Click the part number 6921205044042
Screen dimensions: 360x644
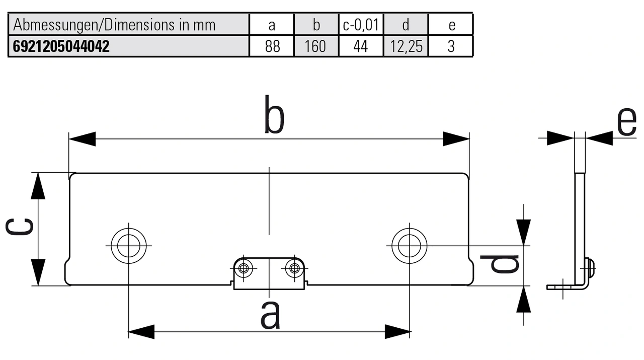pyautogui.click(x=59, y=47)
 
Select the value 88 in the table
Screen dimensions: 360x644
pyautogui.click(x=272, y=47)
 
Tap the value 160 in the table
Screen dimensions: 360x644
pyautogui.click(x=315, y=47)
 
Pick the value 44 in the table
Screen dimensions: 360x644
pyautogui.click(x=360, y=47)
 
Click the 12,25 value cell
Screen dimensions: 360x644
pyautogui.click(x=406, y=47)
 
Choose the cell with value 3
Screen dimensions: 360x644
pyautogui.click(x=451, y=47)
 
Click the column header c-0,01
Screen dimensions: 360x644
pyautogui.click(x=360, y=25)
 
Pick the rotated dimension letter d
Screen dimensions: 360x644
pyautogui.click(x=499, y=264)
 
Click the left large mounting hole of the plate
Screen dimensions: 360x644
pyautogui.click(x=128, y=245)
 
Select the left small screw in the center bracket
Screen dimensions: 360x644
pyautogui.click(x=245, y=268)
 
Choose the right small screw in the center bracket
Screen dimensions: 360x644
pyautogui.click(x=293, y=268)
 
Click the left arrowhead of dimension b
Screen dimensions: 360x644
pyautogui.click(x=82, y=139)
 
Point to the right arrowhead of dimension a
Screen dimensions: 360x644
pyautogui.click(x=397, y=331)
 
